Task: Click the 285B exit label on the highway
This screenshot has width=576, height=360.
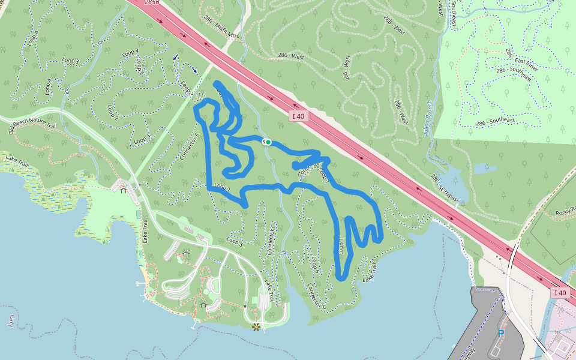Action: coord(152,2)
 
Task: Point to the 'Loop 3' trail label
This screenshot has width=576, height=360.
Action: coord(70,61)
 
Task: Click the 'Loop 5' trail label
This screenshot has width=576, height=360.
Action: coord(235,242)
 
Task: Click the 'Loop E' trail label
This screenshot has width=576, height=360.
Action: coord(340,247)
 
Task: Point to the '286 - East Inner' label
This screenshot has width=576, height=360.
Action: coord(520,59)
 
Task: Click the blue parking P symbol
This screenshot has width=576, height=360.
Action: coord(500,332)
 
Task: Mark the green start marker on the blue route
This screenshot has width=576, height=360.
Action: coord(268,142)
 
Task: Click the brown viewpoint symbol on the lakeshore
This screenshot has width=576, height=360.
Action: coord(256,326)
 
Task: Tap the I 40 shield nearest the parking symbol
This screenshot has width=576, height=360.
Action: coord(559,293)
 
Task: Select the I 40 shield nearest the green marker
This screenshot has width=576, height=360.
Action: coord(299,116)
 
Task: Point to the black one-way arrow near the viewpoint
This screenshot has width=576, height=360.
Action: coord(245,304)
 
